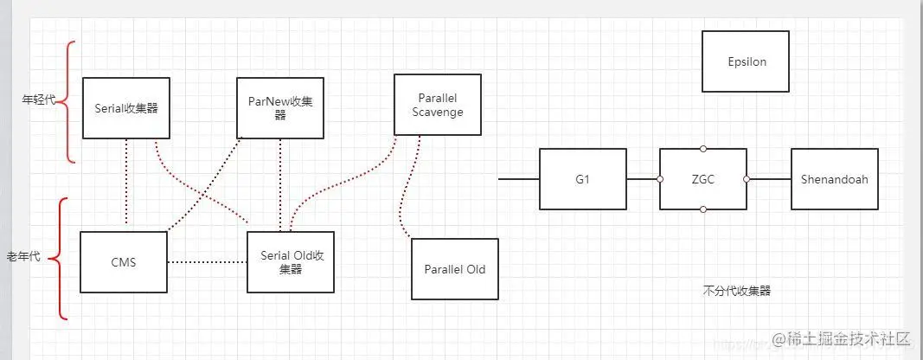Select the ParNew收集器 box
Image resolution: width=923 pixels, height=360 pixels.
280,108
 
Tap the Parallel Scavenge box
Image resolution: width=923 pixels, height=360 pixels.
437,105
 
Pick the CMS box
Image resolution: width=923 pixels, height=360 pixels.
123,261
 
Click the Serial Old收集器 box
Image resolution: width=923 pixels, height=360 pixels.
291,261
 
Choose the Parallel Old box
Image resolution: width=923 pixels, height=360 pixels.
454,269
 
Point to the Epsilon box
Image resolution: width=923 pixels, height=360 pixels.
746,62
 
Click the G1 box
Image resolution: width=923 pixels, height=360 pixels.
583,179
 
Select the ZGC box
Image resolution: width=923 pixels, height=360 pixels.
703,179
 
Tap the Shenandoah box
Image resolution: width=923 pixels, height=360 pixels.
834,179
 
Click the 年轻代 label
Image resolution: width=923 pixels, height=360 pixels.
38,100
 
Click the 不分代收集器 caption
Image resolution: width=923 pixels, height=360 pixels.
737,292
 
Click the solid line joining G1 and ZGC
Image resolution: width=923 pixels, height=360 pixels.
643,179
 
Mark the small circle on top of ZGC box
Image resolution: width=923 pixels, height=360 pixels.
703,149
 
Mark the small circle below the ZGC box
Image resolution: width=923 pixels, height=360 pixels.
703,209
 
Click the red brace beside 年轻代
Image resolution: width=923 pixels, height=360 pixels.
69,100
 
